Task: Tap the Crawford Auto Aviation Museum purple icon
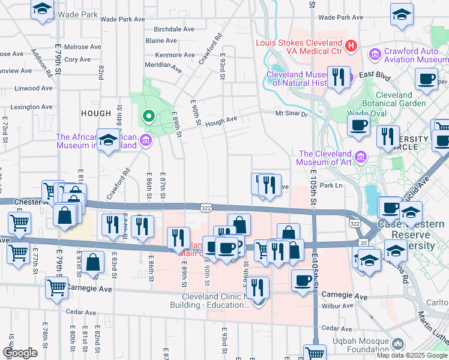pos(375,55)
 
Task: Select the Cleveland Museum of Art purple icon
pos(361,157)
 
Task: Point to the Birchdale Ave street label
pos(174,29)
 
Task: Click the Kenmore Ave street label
pos(175,55)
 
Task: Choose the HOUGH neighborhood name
pos(96,113)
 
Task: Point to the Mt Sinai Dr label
pos(291,113)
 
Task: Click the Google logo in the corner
pos(20,352)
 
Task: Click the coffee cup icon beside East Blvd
pos(427,80)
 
